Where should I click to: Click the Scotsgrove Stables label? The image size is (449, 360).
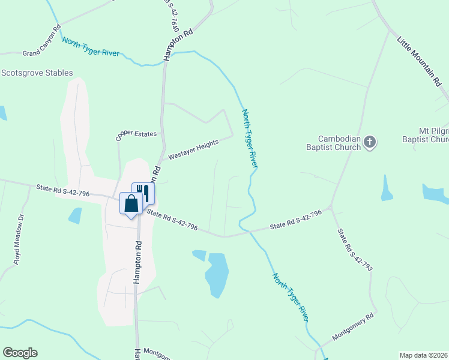click(37, 73)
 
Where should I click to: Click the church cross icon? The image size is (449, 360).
click(370, 143)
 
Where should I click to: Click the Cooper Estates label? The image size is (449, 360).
click(136, 134)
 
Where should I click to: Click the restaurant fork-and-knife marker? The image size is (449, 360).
click(144, 192)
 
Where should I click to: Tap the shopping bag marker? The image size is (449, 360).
click(131, 203)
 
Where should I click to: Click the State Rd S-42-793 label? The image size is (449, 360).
click(354, 250)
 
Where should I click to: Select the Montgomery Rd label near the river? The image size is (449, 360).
click(352, 326)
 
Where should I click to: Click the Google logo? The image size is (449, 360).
click(20, 353)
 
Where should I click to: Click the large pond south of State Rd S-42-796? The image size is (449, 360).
click(217, 275)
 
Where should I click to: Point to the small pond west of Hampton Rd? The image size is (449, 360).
click(75, 215)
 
